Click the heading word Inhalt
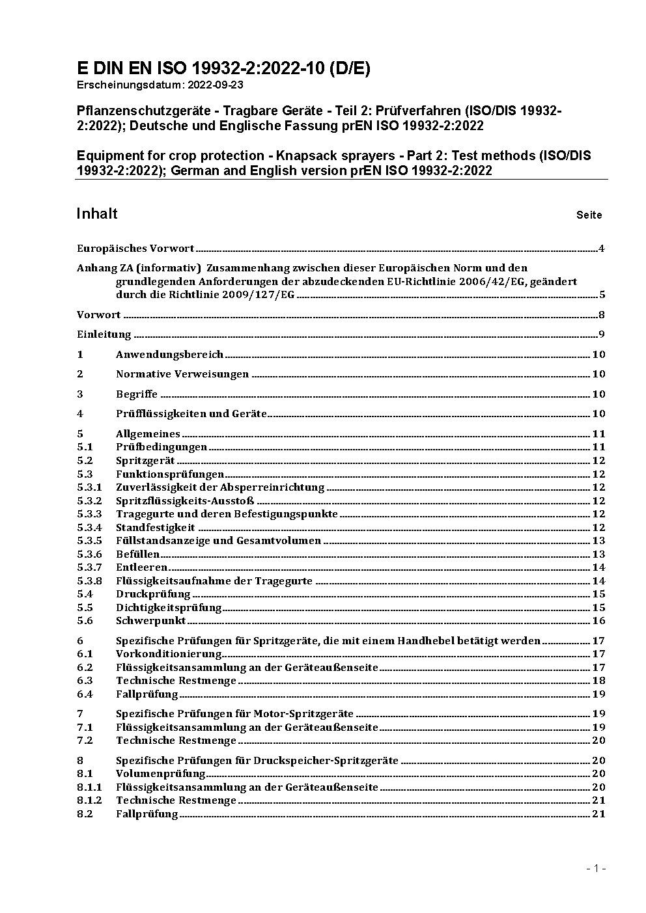click(97, 213)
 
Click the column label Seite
click(589, 215)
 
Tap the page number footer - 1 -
click(596, 868)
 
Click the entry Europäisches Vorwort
click(135, 248)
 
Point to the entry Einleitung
click(104, 334)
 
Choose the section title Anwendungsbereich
click(169, 355)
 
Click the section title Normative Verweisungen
click(182, 374)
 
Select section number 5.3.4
click(89, 527)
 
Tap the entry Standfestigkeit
click(155, 527)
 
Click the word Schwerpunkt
click(150, 621)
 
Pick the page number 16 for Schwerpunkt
click(598, 621)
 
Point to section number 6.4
click(85, 694)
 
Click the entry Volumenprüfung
click(160, 774)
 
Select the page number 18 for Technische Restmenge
click(598, 681)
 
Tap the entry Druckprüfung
click(153, 594)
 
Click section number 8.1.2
click(89, 800)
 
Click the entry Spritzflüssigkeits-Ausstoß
click(184, 500)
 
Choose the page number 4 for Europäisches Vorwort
click(602, 248)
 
